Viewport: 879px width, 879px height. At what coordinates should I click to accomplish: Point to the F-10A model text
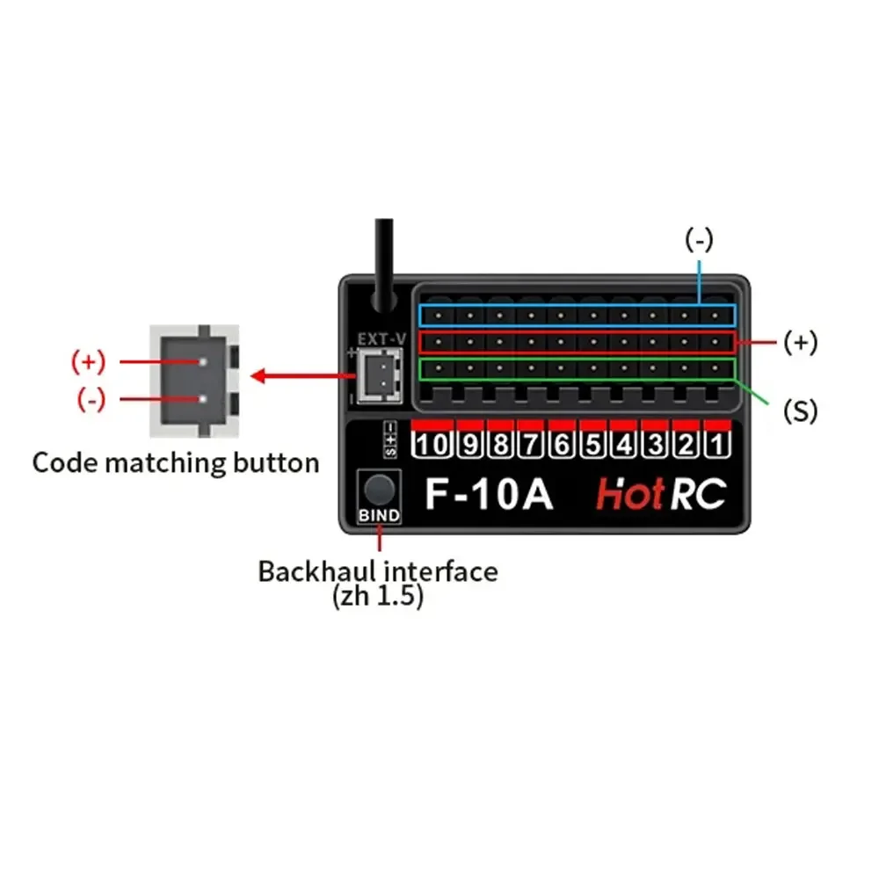click(x=489, y=494)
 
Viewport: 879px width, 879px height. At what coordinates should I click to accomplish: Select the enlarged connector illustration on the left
click(x=196, y=380)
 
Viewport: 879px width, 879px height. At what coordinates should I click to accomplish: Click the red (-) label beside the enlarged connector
click(x=91, y=399)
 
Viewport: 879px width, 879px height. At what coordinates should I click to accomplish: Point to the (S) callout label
click(x=799, y=410)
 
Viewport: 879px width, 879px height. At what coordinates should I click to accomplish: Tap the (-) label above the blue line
click(x=699, y=239)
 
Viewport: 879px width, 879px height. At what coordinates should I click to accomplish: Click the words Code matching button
click(x=175, y=462)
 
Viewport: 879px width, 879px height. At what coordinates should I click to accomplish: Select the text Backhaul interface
click(x=378, y=571)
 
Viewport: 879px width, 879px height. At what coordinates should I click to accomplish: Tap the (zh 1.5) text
click(x=378, y=597)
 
